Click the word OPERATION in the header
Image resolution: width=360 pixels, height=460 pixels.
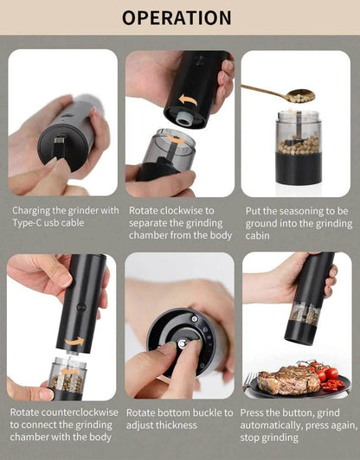[x=177, y=17]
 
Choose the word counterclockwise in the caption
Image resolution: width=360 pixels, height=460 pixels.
[x=80, y=412]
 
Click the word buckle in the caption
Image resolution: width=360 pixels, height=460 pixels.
[x=204, y=412]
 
